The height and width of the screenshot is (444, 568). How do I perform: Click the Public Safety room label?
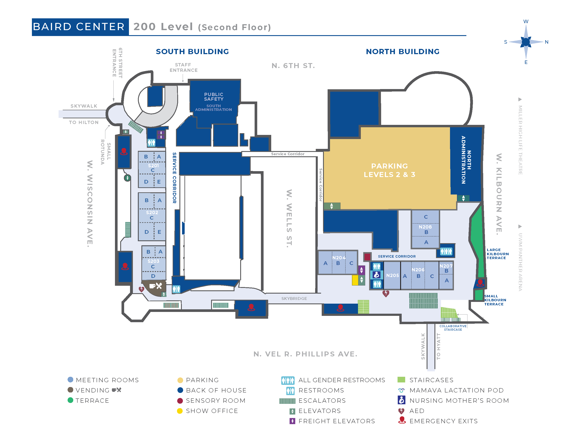click(x=214, y=97)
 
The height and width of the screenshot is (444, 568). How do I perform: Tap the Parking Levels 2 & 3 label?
click(x=389, y=170)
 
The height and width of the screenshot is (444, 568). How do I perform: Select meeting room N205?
click(x=392, y=275)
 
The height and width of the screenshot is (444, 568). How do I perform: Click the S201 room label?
click(x=153, y=166)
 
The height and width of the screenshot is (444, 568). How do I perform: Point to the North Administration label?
click(x=466, y=160)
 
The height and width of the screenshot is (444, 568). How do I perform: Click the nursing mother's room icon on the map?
click(x=377, y=275)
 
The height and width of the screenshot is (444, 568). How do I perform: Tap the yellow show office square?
click(x=355, y=280)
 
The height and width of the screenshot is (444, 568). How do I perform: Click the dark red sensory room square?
click(x=367, y=257)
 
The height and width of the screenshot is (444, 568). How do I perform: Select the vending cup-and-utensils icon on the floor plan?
click(x=156, y=286)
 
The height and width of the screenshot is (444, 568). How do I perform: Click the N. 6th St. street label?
click(x=293, y=66)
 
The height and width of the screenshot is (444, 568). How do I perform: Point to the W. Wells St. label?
click(x=289, y=218)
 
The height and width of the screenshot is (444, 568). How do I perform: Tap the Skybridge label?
click(x=294, y=298)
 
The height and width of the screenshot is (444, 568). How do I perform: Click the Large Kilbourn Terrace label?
click(x=497, y=254)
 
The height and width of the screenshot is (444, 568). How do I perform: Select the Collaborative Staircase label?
click(x=453, y=328)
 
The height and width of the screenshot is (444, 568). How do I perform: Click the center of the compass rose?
click(x=526, y=42)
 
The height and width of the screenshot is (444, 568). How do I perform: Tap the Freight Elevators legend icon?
click(x=292, y=421)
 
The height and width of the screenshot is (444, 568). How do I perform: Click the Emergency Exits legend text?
click(x=443, y=421)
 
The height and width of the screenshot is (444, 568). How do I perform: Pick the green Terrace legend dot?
click(x=70, y=400)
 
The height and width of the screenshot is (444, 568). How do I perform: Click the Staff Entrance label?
click(x=183, y=67)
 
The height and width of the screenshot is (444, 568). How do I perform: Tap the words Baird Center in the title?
click(x=79, y=27)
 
